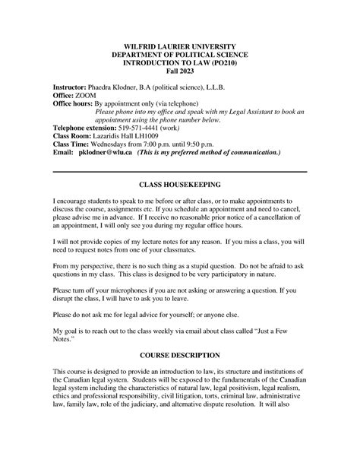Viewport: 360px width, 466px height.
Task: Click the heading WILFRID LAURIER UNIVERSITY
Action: (180, 46)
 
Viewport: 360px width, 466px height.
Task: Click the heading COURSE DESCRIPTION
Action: (180, 355)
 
